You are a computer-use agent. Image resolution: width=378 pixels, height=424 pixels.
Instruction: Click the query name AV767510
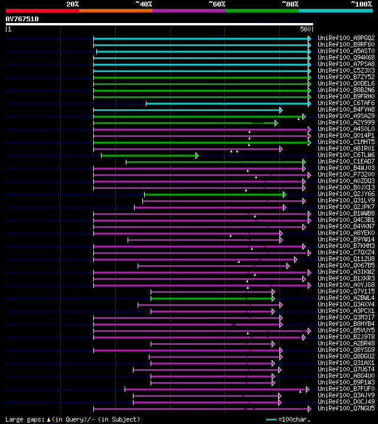22,19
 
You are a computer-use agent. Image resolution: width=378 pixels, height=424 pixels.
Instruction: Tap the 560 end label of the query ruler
306,29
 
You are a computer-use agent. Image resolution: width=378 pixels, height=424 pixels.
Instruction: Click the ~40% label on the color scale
144,4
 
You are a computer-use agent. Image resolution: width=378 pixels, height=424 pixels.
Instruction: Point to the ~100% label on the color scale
361,4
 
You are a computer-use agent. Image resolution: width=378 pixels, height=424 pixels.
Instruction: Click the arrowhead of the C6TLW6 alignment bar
197,155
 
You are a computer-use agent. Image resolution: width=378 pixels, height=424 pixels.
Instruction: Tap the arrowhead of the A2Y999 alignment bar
276,123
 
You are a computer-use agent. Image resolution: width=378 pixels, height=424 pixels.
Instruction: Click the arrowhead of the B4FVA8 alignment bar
281,110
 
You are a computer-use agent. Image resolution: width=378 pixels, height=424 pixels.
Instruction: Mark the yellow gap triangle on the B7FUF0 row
300,392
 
